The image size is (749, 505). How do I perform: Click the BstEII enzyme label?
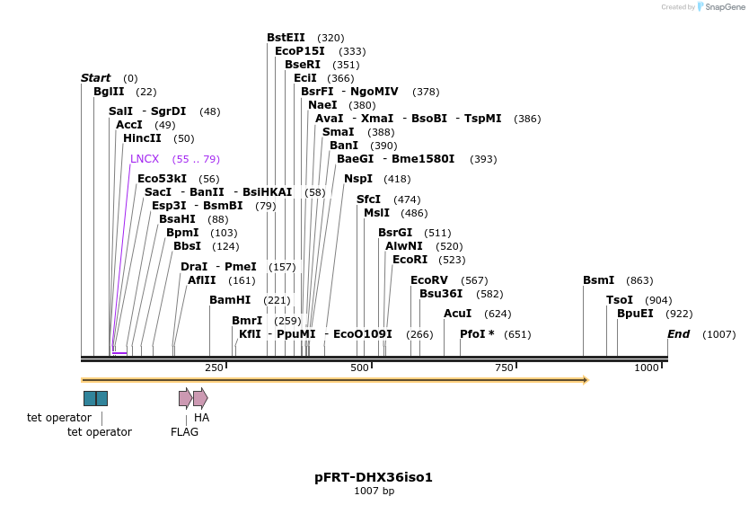tap(286, 38)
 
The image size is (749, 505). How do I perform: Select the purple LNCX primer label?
tap(145, 159)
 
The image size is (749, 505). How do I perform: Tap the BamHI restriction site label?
tap(230, 300)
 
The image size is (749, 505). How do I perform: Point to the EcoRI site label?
tap(410, 260)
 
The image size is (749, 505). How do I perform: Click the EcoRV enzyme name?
tap(428, 280)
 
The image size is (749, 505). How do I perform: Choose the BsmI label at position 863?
tap(598, 280)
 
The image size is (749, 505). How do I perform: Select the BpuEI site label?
tap(635, 314)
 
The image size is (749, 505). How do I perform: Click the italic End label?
tap(678, 334)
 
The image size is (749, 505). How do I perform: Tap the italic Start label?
tap(95, 78)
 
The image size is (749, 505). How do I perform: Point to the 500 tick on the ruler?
tap(359, 368)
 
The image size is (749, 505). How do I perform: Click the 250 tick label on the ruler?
tap(214, 368)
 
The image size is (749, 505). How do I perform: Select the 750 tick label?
tap(505, 368)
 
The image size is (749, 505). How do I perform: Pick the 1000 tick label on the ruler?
tap(647, 368)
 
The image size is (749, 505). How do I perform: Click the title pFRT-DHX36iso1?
tap(374, 477)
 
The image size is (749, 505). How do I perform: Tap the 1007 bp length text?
tap(374, 492)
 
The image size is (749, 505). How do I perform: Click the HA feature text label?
tap(201, 418)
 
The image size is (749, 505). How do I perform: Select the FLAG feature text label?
tap(184, 432)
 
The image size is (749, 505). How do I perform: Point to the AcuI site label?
tap(457, 314)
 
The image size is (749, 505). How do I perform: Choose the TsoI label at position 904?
tap(620, 300)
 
